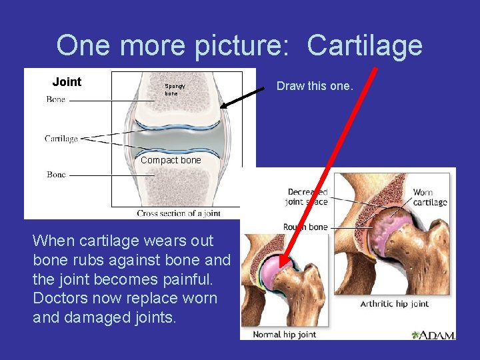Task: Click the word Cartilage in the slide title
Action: pos(365,46)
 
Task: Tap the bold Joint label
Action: pos(67,82)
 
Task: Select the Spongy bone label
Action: pos(175,90)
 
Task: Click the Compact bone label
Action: pos(171,160)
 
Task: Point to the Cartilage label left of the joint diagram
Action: pos(61,139)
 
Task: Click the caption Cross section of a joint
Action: pos(179,213)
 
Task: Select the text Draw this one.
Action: pos(315,86)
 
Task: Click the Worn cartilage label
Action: pos(429,197)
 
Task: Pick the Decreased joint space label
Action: pos(307,197)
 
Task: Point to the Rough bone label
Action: pos(305,227)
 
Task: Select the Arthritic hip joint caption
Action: pos(395,304)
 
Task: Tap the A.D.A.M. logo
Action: pos(433,335)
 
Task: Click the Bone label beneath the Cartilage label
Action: pos(56,175)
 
